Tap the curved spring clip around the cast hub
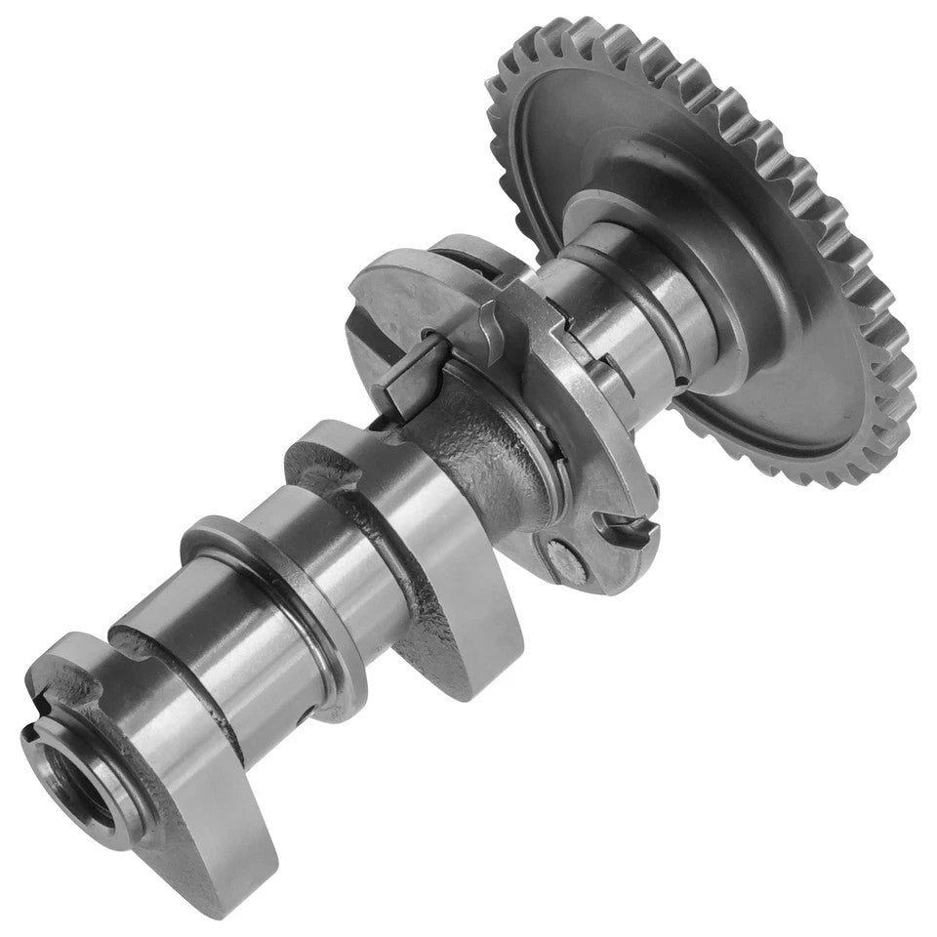click(547, 459)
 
